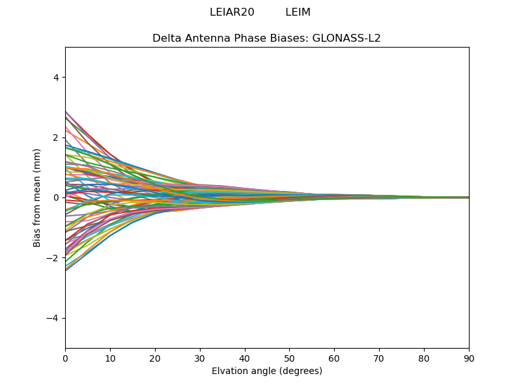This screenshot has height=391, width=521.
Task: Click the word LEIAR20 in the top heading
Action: pyautogui.click(x=232, y=12)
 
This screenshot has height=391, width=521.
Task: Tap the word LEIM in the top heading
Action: pyautogui.click(x=298, y=12)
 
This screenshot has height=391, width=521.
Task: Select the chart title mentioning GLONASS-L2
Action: pyautogui.click(x=266, y=38)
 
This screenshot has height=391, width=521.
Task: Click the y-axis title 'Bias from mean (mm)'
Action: pyautogui.click(x=37, y=197)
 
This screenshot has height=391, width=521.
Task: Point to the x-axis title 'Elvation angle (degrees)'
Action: pyautogui.click(x=267, y=371)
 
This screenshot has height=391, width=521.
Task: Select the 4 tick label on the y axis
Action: pyautogui.click(x=56, y=78)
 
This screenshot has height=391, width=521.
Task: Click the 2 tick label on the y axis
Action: pyautogui.click(x=56, y=138)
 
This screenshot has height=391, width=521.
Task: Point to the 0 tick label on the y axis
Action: pyautogui.click(x=56, y=197)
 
